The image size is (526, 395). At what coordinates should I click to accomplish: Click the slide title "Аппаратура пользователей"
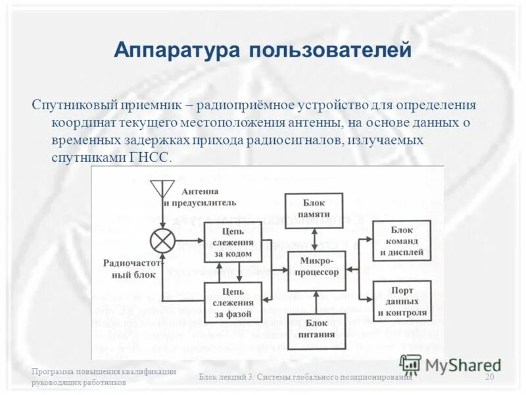tap(262, 50)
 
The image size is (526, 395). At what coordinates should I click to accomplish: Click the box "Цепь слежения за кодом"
tap(233, 242)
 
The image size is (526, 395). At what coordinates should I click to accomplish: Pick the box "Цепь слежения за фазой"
tap(233, 302)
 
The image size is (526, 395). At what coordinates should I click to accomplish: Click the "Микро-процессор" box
tap(318, 270)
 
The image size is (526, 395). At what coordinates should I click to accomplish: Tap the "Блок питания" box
tap(316, 329)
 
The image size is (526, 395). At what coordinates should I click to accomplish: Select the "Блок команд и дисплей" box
tap(402, 240)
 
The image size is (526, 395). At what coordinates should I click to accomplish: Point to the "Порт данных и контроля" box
tap(402, 301)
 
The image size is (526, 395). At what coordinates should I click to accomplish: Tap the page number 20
tap(489, 377)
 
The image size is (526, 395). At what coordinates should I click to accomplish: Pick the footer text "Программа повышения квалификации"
tap(104, 371)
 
